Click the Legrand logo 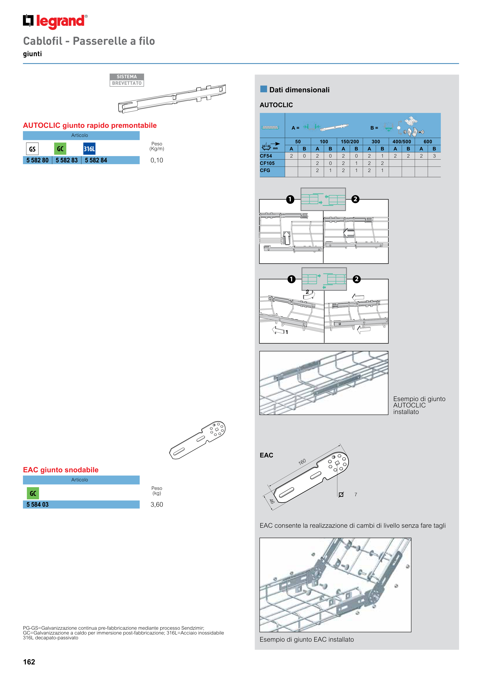pyautogui.click(x=55, y=21)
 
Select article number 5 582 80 pyautogui.click(x=37, y=160)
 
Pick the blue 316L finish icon pyautogui.click(x=89, y=149)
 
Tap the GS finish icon pyautogui.click(x=32, y=149)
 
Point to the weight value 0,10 pyautogui.click(x=157, y=160)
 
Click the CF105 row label pyautogui.click(x=267, y=163)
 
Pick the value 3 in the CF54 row pyautogui.click(x=434, y=156)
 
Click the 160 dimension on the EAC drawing pyautogui.click(x=302, y=462)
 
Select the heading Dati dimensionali pyautogui.click(x=299, y=90)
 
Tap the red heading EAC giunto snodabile pyautogui.click(x=61, y=470)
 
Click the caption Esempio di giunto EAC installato pyautogui.click(x=307, y=640)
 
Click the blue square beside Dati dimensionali pyautogui.click(x=263, y=89)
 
